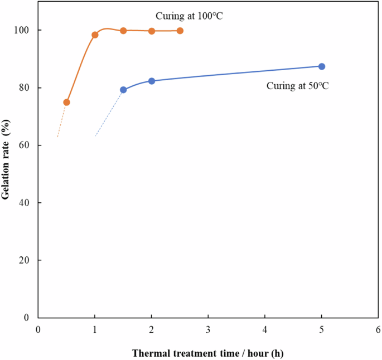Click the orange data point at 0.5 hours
click(66, 102)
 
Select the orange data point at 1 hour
click(95, 35)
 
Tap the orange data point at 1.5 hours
click(123, 31)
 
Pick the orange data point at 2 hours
click(152, 31)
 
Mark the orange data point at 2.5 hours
click(180, 31)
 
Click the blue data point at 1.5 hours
click(123, 90)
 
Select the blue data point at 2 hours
click(152, 81)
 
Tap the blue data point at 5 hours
click(321, 66)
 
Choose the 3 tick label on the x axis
click(208, 329)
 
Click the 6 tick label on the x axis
click(378, 329)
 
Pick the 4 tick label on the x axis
click(264, 329)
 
